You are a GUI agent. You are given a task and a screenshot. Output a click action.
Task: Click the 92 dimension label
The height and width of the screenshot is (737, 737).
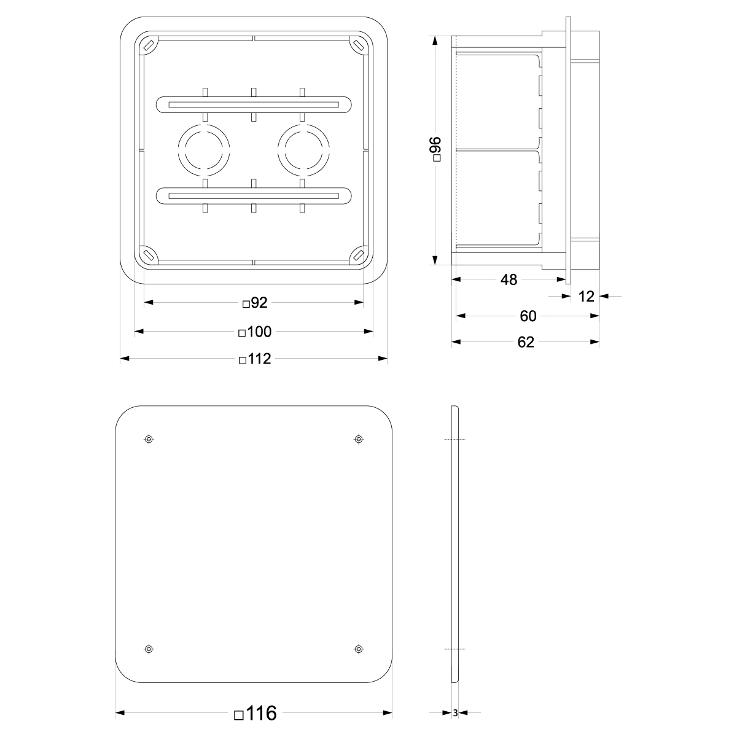click(255, 302)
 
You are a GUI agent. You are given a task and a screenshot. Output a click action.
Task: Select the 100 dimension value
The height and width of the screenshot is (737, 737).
click(255, 332)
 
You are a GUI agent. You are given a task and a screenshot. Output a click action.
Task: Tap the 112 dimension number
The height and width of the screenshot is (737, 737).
click(255, 359)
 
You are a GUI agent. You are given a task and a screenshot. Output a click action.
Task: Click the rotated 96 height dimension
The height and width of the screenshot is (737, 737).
click(435, 149)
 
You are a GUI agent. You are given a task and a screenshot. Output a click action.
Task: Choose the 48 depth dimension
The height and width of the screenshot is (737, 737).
click(509, 280)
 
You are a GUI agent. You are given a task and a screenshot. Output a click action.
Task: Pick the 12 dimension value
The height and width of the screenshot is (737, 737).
click(587, 297)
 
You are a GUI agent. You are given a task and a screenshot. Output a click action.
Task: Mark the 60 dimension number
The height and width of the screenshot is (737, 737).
click(528, 316)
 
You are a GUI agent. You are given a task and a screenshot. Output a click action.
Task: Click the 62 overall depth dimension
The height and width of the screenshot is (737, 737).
click(526, 342)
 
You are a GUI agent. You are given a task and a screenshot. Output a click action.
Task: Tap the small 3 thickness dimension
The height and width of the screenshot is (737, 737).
click(455, 714)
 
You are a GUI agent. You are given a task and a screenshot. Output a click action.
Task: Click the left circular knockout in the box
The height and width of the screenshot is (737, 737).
click(205, 150)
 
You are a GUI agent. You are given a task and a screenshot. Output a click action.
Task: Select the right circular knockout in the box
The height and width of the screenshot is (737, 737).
click(303, 150)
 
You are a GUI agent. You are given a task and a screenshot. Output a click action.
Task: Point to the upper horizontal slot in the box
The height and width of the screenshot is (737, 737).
click(254, 104)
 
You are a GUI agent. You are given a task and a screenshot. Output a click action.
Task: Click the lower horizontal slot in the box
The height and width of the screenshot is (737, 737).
click(254, 196)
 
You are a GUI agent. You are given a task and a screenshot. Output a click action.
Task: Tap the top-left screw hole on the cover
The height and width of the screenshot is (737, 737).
click(149, 439)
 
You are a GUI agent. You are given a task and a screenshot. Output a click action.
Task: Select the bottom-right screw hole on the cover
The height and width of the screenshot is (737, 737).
click(359, 649)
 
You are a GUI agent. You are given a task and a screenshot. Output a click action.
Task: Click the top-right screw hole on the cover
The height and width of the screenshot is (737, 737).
click(359, 439)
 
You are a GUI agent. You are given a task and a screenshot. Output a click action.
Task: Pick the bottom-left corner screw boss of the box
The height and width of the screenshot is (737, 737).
click(148, 254)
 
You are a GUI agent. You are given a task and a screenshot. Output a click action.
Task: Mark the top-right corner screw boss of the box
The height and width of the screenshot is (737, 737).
click(358, 45)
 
